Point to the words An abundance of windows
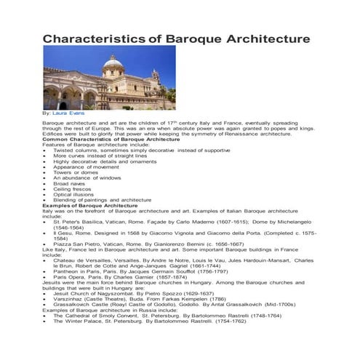click(87, 177)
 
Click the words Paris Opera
click(70, 277)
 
